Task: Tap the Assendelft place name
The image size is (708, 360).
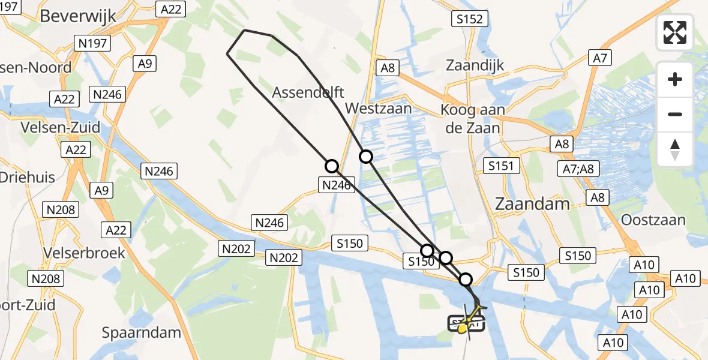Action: (x=308, y=92)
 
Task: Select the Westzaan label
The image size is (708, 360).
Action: (x=379, y=108)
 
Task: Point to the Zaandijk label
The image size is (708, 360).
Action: (x=475, y=65)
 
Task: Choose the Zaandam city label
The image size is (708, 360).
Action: (x=532, y=204)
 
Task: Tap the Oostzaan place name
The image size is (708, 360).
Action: (x=653, y=220)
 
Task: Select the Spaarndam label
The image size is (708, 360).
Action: (x=142, y=332)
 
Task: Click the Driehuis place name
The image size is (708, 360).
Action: (x=28, y=178)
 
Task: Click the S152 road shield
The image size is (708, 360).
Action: (x=468, y=19)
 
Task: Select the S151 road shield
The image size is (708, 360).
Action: (x=501, y=166)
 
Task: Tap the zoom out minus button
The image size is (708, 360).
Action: (x=675, y=114)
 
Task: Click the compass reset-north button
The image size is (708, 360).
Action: (x=675, y=149)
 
